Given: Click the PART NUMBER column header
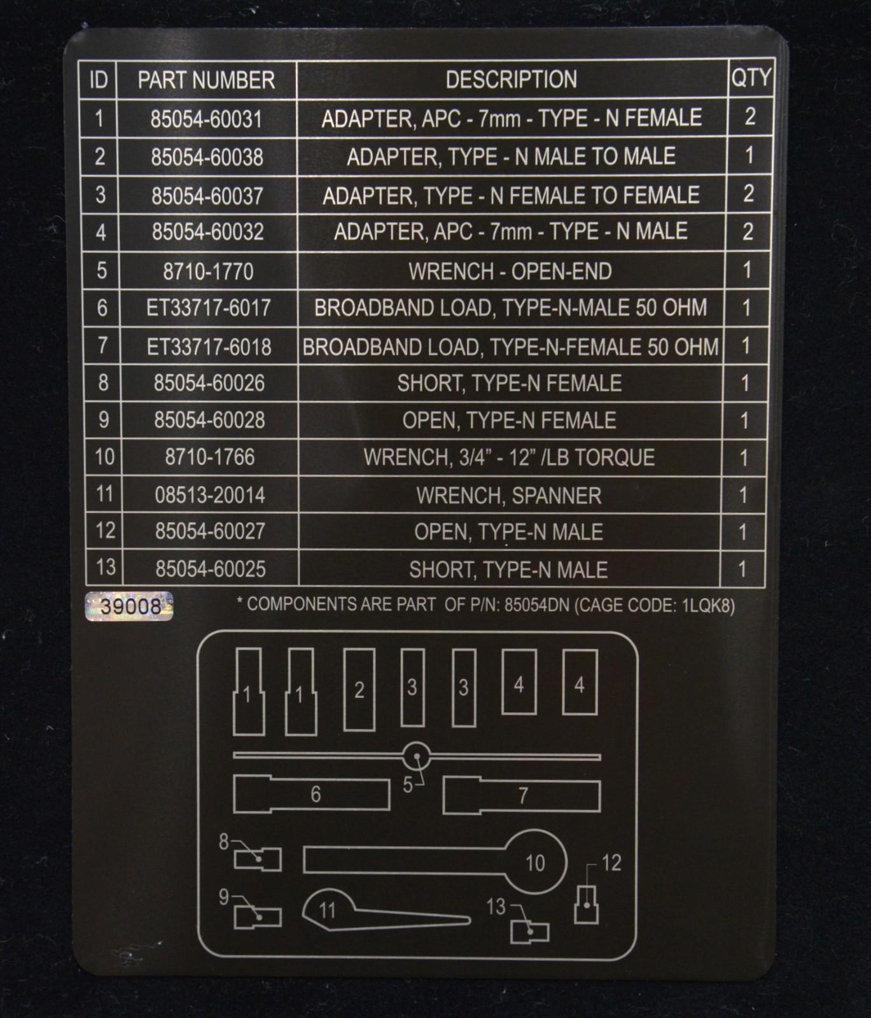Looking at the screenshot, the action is pos(206,80).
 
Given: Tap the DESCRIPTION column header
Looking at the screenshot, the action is pos(512,80).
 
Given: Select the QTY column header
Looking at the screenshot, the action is pos(751,78).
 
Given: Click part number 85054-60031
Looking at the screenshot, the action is pos(206,119).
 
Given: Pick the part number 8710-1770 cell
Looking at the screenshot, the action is pos(208,272).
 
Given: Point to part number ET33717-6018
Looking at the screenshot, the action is pos(209,347).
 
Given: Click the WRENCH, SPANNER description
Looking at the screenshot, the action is pos(509,496).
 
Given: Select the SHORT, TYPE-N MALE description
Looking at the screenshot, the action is pos(508,569).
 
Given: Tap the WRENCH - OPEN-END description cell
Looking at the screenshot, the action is pos(510,272).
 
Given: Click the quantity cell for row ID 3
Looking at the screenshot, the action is pos(748,193).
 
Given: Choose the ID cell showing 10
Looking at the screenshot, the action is pos(104,456).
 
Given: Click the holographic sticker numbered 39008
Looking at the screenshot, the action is pos(129,606).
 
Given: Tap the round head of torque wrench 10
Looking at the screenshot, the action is pos(536,862).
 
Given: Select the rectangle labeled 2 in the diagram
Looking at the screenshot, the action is pos(359,690).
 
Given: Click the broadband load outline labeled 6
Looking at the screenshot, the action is pos(312,794).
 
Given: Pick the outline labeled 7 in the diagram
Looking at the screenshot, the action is pos(522,795).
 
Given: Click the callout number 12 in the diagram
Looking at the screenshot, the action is pos(611,863).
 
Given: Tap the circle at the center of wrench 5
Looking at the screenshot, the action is pos(417,757).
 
